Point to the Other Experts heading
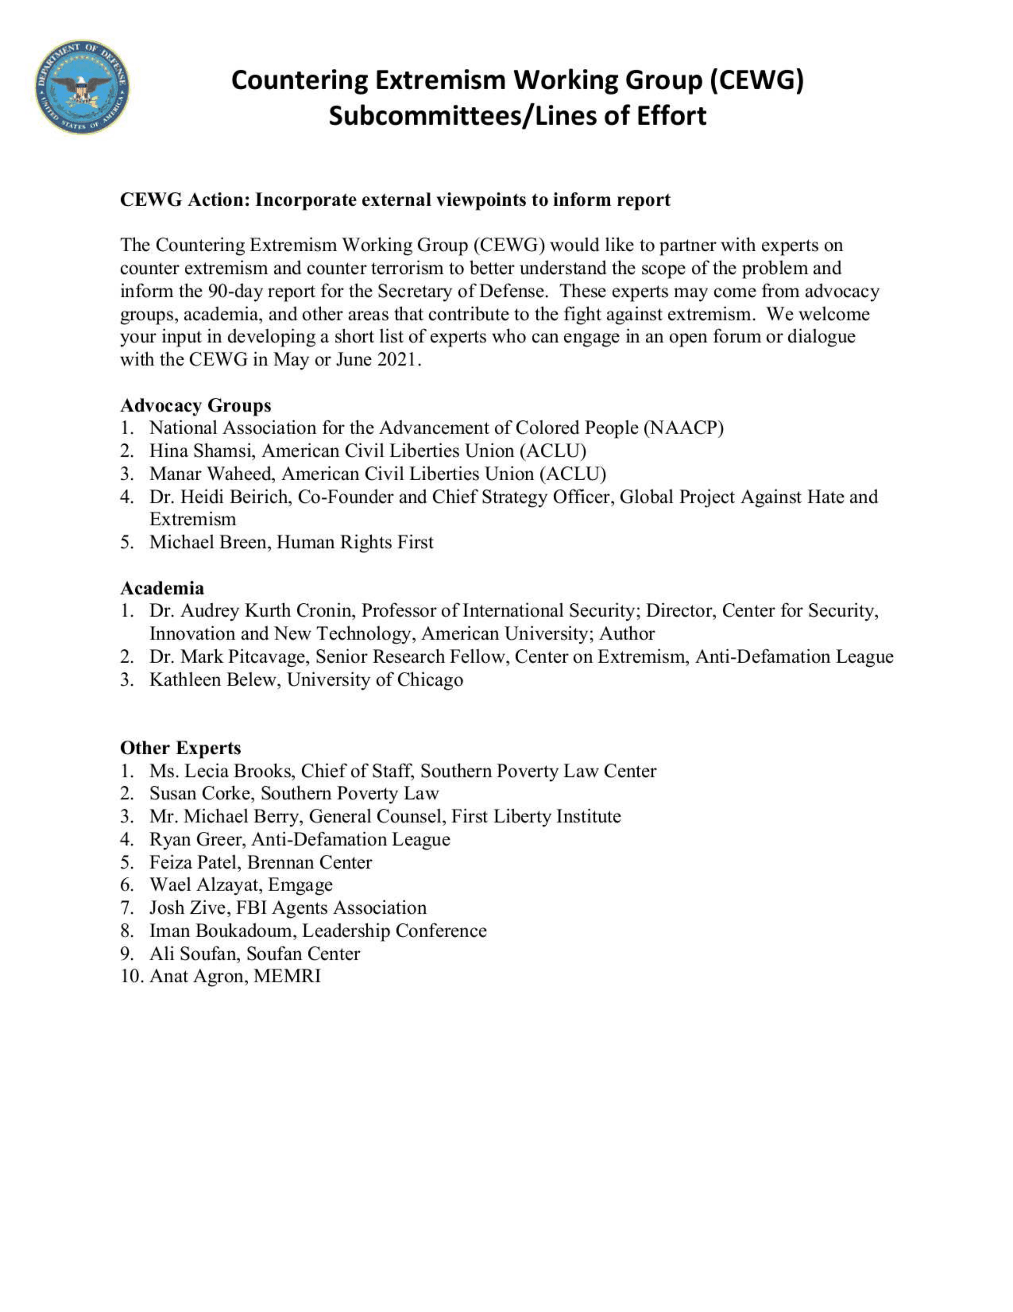pos(180,748)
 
